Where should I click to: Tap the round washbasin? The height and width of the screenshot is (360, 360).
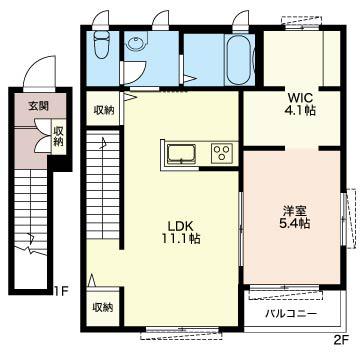(x=136, y=44)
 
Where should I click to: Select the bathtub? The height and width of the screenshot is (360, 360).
(x=238, y=59)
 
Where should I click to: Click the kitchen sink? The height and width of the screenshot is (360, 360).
(x=181, y=155)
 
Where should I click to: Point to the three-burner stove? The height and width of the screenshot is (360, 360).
(x=222, y=153)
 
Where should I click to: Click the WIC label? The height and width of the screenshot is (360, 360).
(x=300, y=98)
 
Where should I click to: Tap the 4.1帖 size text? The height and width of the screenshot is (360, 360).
(x=300, y=110)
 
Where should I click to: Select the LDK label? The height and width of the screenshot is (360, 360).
(x=180, y=227)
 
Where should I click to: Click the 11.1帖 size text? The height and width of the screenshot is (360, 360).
(x=181, y=239)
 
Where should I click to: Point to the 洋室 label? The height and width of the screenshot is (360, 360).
(x=294, y=211)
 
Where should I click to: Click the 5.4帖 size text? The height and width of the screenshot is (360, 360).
(x=295, y=223)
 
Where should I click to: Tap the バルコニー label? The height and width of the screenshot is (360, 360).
(x=291, y=314)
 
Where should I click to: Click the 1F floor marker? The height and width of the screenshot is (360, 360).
(x=61, y=291)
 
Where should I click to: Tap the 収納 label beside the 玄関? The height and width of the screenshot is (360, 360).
(x=58, y=137)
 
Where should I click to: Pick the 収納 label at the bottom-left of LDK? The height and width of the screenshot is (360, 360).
(x=103, y=307)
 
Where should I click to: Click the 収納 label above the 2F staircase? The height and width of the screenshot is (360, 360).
(x=103, y=110)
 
